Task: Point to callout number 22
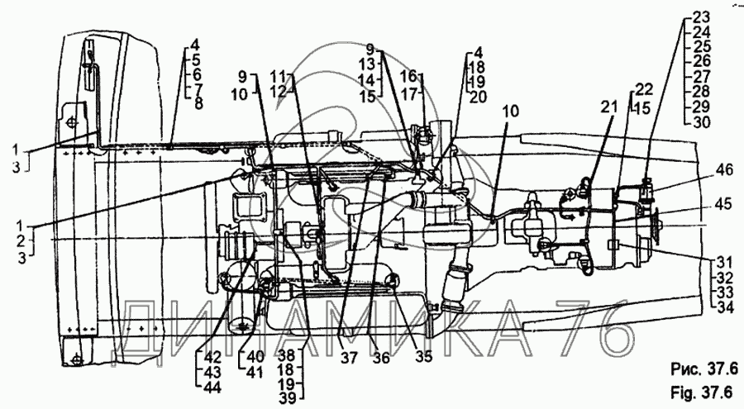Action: pos(644,89)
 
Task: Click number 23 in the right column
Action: pos(700,17)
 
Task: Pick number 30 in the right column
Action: pos(700,121)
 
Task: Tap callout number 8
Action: pos(195,103)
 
